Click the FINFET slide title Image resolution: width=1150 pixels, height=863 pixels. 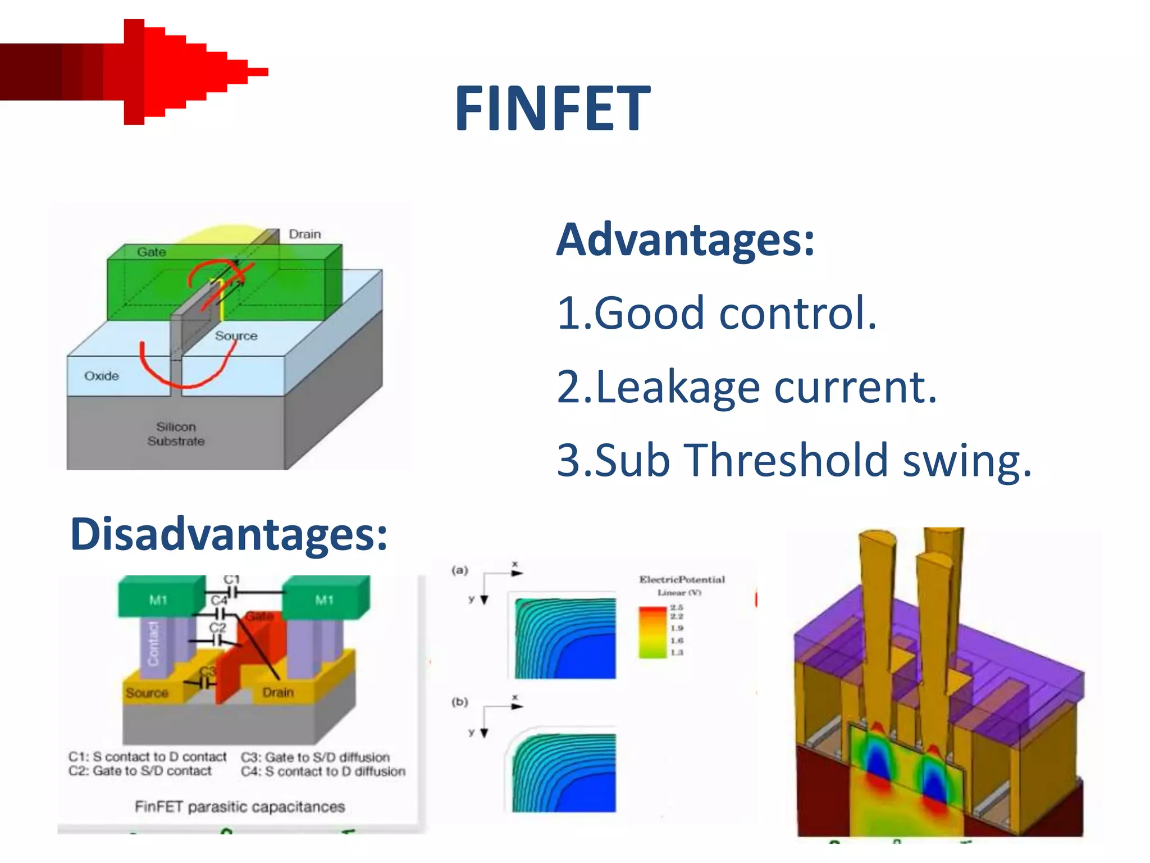click(x=552, y=108)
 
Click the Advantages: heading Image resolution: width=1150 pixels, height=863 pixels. click(x=684, y=240)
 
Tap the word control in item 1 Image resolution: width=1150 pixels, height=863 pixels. click(x=797, y=313)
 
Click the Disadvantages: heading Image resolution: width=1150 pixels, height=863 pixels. click(x=229, y=534)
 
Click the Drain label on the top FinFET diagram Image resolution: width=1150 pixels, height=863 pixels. click(x=305, y=234)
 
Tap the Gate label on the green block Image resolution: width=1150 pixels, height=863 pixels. click(x=152, y=252)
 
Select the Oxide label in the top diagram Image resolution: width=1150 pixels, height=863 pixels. click(x=102, y=376)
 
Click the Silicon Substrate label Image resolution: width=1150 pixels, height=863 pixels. click(x=176, y=434)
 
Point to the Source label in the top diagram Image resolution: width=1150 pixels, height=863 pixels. click(x=236, y=335)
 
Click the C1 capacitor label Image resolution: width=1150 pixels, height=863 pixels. click(x=231, y=579)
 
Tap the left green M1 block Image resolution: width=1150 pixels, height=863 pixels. click(x=158, y=599)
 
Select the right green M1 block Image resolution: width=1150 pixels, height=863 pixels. click(x=324, y=599)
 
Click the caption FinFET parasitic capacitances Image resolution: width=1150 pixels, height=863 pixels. click(x=240, y=807)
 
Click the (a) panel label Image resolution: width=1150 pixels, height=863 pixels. click(x=459, y=570)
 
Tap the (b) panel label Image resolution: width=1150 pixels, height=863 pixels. click(x=459, y=702)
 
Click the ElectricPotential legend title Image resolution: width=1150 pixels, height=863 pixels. click(x=682, y=579)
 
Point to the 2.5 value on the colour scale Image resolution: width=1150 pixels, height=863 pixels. click(x=677, y=607)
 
